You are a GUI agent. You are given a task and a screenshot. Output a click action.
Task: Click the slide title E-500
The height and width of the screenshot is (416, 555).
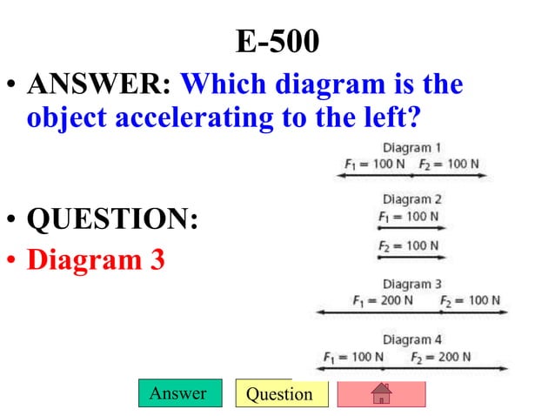click(277, 39)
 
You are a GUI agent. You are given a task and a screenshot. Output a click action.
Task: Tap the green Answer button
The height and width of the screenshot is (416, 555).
click(179, 393)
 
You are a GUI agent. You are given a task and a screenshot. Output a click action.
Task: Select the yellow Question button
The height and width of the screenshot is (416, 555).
click(280, 394)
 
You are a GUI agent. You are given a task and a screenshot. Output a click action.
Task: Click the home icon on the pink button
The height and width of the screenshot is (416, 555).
click(381, 394)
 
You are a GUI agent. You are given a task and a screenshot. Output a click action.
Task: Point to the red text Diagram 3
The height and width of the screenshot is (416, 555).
click(96, 259)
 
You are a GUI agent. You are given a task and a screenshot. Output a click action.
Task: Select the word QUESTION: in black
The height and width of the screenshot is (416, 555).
click(112, 218)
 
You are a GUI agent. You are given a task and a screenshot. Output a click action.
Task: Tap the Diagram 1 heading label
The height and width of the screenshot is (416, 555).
click(411, 148)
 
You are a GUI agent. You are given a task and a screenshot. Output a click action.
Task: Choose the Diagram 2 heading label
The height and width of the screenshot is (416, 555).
click(411, 199)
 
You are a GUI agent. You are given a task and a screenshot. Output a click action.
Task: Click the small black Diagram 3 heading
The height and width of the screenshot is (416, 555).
click(411, 284)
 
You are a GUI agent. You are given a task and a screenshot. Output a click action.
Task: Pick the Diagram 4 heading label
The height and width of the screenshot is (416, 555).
click(411, 339)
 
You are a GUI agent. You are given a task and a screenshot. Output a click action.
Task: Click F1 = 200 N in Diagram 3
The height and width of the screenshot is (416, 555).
click(383, 300)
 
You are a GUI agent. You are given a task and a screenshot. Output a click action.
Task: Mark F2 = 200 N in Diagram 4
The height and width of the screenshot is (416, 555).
click(443, 357)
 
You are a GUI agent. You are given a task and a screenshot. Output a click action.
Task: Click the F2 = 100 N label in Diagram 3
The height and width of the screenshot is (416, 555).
click(470, 300)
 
